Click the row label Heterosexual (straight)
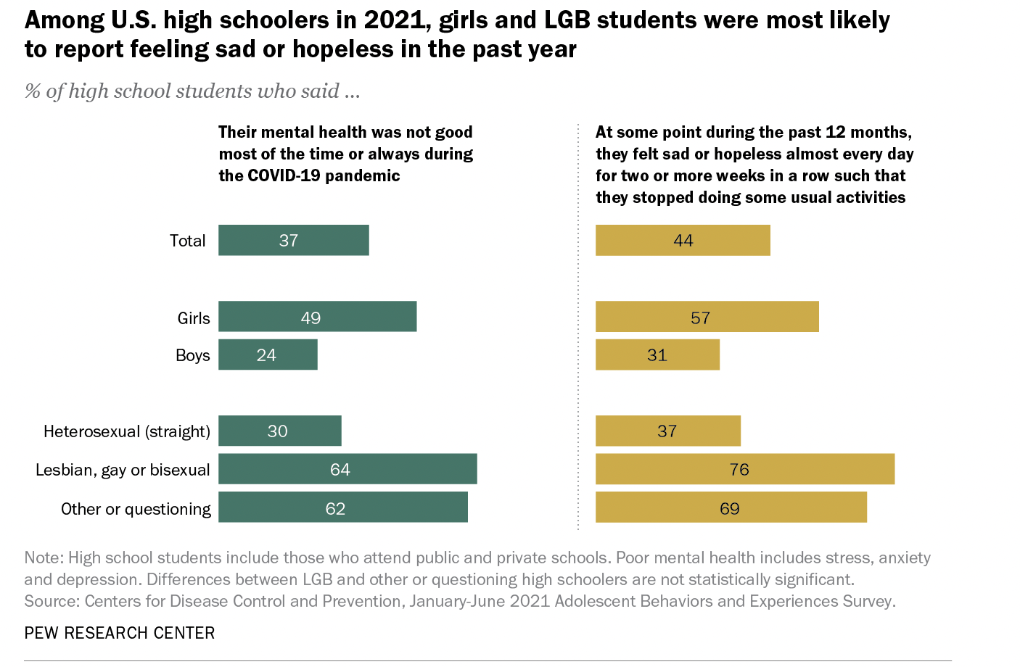127,431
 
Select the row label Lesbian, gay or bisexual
123,470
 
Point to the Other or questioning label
136,509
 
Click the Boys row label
192,355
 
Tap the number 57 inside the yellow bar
700,318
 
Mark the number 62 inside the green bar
335,508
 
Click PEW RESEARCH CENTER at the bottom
120,633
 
